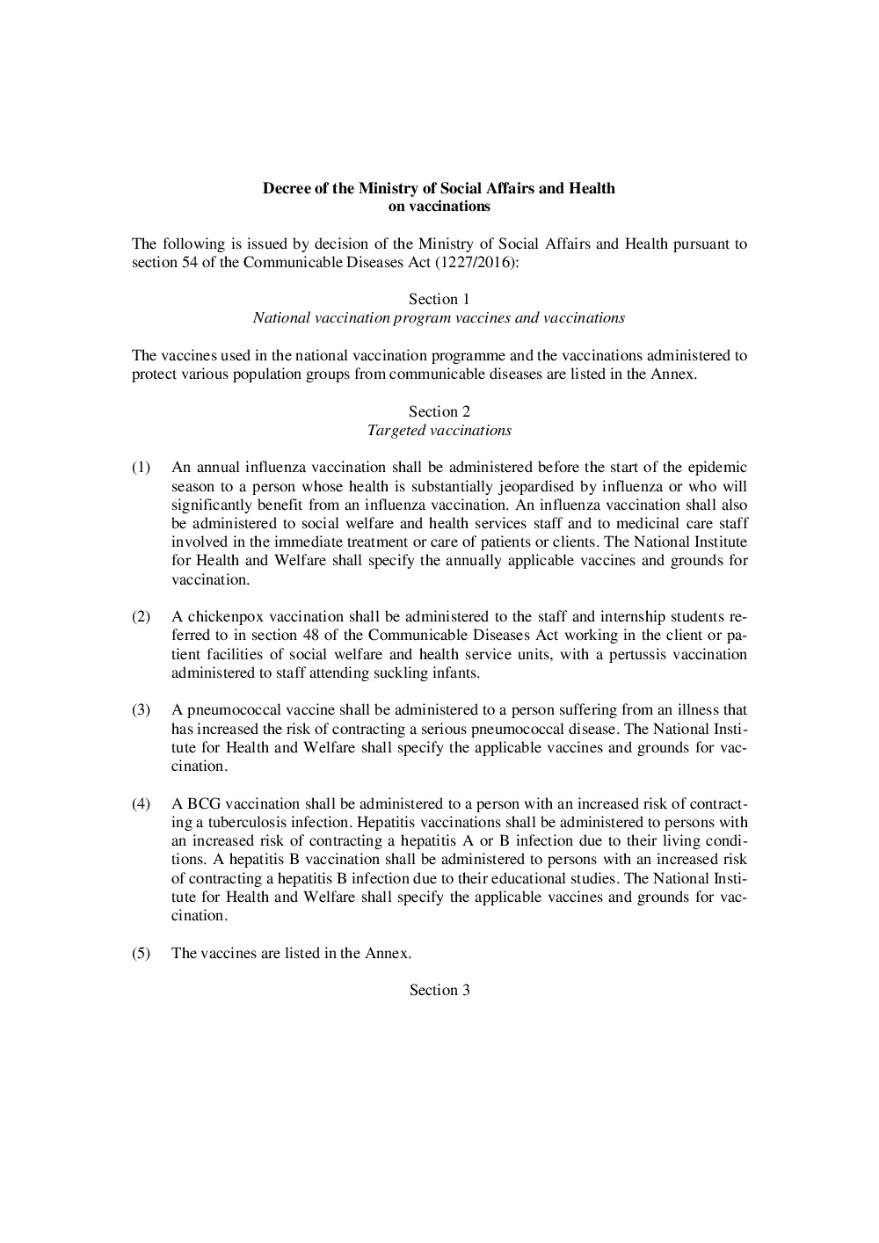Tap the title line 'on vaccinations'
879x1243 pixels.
pos(439,207)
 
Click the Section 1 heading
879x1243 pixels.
pos(439,299)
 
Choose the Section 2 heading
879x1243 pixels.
pos(439,411)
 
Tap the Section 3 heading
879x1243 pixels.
pos(439,990)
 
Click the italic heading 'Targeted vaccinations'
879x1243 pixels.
pos(439,431)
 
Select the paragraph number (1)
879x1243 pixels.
pos(142,468)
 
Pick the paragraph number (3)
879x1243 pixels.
pos(142,710)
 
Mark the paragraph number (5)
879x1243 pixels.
pos(142,953)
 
